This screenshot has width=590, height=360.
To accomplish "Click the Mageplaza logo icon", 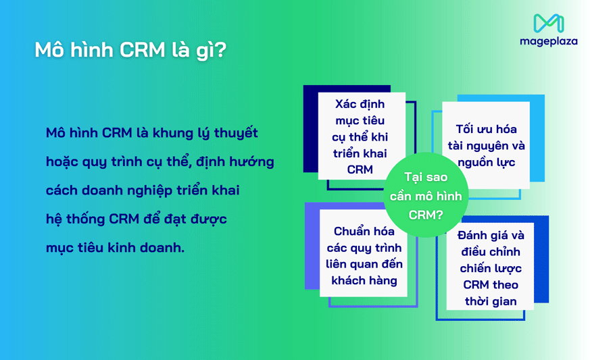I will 548,23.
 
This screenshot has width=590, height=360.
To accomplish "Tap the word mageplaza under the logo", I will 548,41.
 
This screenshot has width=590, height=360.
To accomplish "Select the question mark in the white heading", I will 221,51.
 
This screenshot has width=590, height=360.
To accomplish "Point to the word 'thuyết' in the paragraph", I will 235,133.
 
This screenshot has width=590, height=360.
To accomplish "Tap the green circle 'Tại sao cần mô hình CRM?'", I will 426,196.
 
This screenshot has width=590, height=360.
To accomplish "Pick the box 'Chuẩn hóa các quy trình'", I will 364,256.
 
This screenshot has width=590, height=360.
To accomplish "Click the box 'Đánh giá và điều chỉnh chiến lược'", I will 491,268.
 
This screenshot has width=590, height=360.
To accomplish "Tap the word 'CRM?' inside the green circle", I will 426,215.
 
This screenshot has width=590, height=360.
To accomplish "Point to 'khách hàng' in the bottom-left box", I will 364,280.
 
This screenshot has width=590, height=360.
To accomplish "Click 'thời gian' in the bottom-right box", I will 491,301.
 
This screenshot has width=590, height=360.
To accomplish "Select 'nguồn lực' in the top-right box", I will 486,162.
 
